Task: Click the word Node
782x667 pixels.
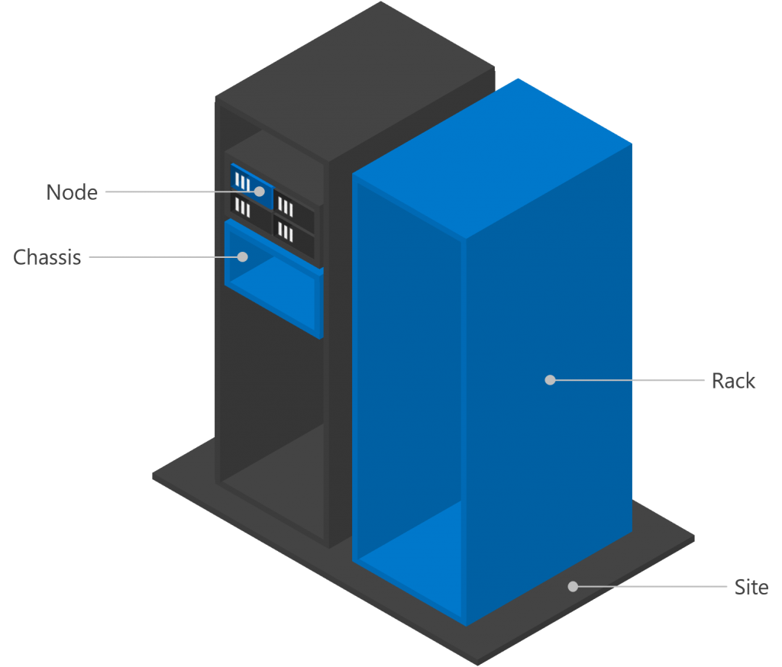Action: [72, 192]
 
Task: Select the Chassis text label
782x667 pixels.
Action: [47, 257]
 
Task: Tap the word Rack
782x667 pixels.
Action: [733, 380]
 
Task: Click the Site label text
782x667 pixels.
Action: [751, 588]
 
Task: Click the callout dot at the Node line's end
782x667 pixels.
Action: [260, 192]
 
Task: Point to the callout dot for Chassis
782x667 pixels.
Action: [243, 257]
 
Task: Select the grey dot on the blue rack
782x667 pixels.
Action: [550, 380]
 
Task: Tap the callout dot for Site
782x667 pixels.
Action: [573, 587]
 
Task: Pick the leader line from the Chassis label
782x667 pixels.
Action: [164, 257]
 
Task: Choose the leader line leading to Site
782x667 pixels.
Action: [649, 587]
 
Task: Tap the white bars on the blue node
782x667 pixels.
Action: [243, 182]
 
